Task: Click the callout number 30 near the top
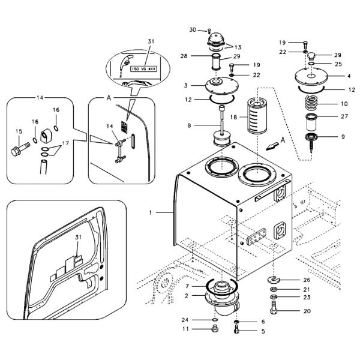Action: click(x=193, y=30)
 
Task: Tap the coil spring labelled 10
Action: click(x=311, y=103)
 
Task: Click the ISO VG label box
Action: click(x=144, y=68)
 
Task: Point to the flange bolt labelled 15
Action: click(x=20, y=149)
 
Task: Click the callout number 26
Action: click(x=307, y=280)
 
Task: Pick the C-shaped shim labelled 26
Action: click(x=274, y=280)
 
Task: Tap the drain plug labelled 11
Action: click(x=215, y=329)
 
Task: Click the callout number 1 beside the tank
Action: click(x=151, y=213)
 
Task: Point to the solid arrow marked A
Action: click(x=272, y=146)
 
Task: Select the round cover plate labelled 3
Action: click(x=221, y=85)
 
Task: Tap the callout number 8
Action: click(x=189, y=125)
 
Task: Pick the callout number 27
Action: click(x=344, y=116)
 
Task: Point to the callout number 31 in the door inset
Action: click(x=78, y=237)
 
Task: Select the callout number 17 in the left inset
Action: click(x=65, y=143)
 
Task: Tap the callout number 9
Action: click(x=343, y=137)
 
